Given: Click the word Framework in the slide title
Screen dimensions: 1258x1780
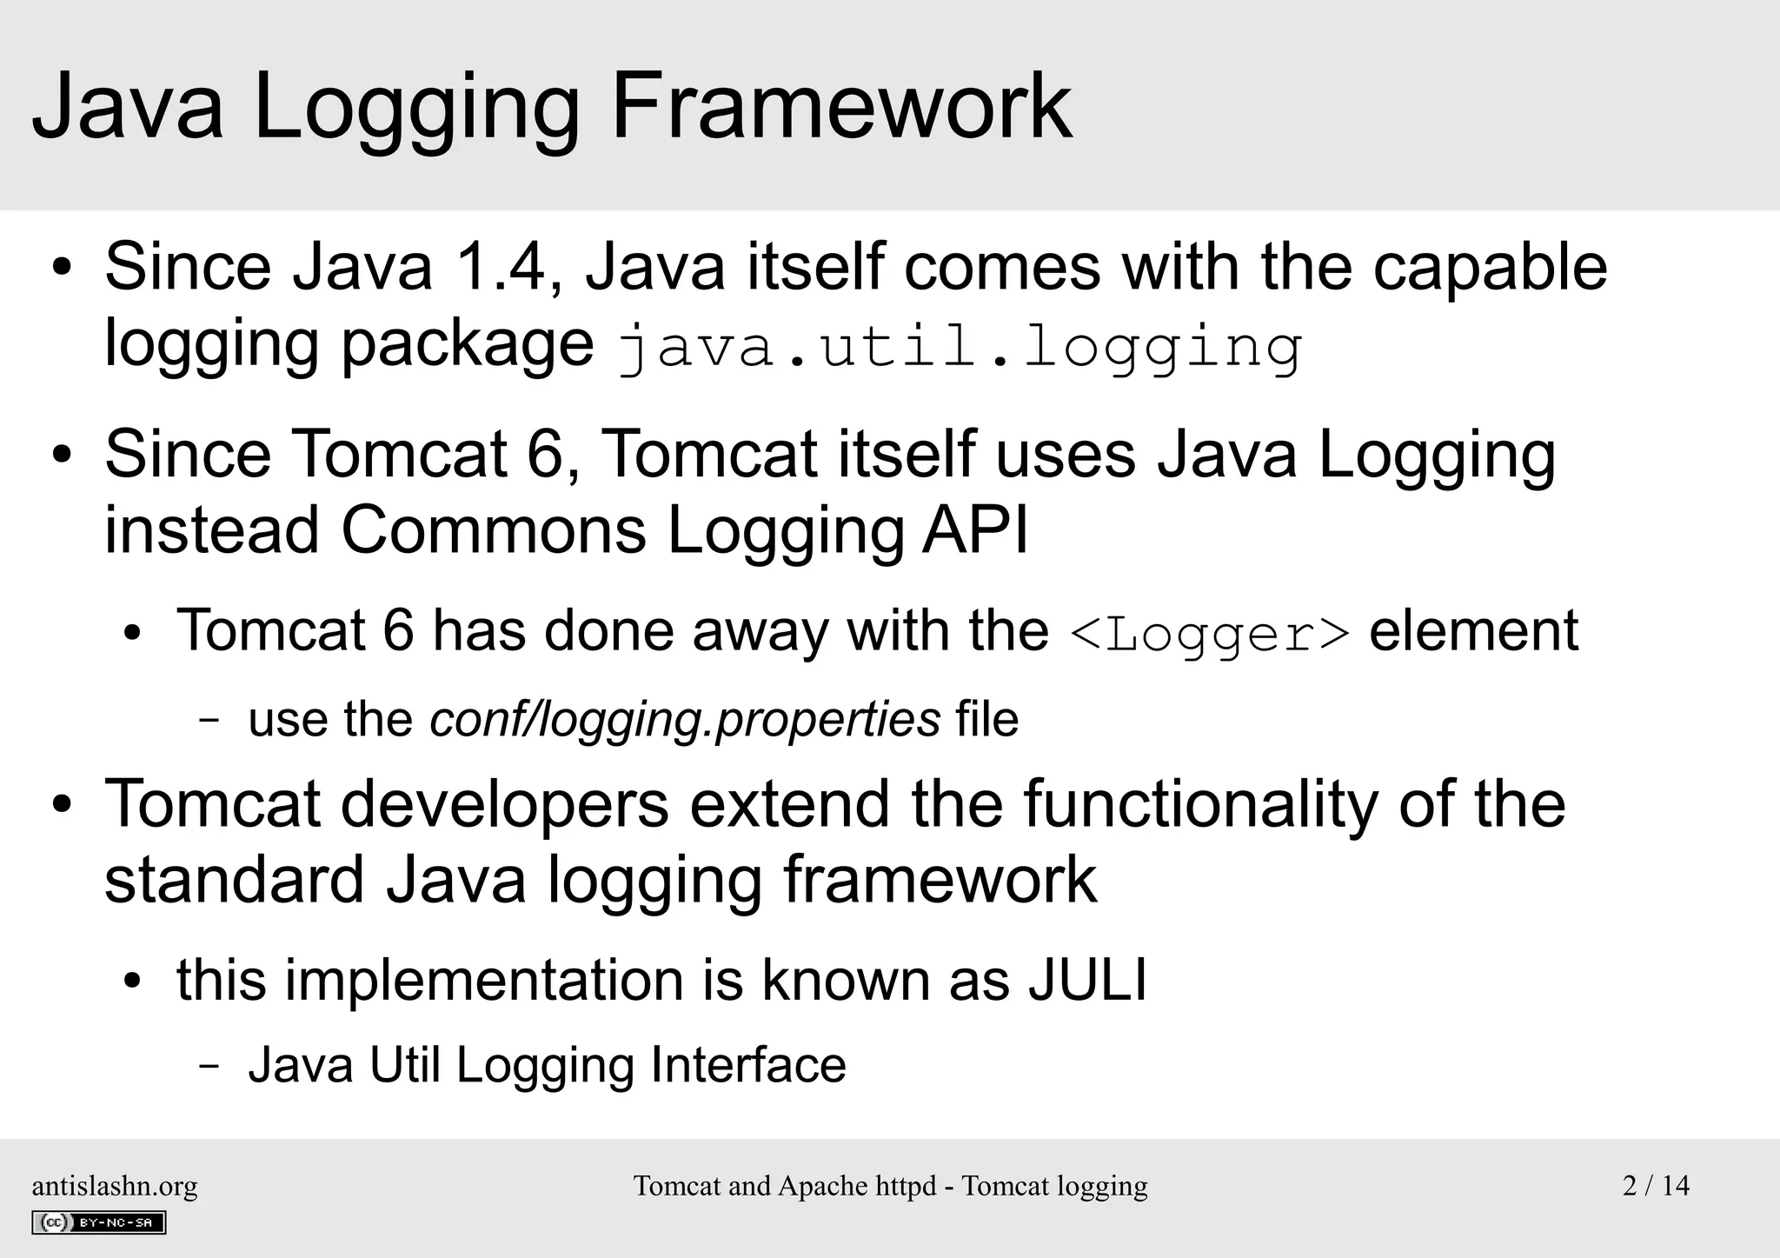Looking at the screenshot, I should pyautogui.click(x=841, y=107).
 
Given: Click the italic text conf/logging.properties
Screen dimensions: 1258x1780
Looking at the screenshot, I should pyautogui.click(x=685, y=720).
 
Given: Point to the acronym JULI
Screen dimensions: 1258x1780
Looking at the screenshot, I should pyautogui.click(x=1087, y=980).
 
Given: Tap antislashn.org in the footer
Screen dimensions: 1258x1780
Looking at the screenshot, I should pyautogui.click(x=115, y=1186).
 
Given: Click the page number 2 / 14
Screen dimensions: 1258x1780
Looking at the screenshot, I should pyautogui.click(x=1656, y=1186).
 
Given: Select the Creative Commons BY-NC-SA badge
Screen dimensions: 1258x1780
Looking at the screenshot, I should pyautogui.click(x=99, y=1222).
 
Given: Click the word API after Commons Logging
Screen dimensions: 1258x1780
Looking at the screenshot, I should pyautogui.click(x=975, y=529).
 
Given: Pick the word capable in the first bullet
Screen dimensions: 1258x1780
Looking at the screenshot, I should pyautogui.click(x=1490, y=267).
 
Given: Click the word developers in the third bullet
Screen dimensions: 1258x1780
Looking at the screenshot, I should pyautogui.click(x=505, y=804).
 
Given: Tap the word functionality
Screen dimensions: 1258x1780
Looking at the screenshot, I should pyautogui.click(x=1200, y=804).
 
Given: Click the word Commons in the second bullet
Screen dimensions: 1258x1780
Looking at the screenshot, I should pyautogui.click(x=494, y=529).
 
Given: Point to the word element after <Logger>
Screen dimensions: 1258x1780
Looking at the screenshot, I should pyautogui.click(x=1473, y=631).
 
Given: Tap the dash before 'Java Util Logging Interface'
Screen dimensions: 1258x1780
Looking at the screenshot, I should pyautogui.click(x=209, y=1066).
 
